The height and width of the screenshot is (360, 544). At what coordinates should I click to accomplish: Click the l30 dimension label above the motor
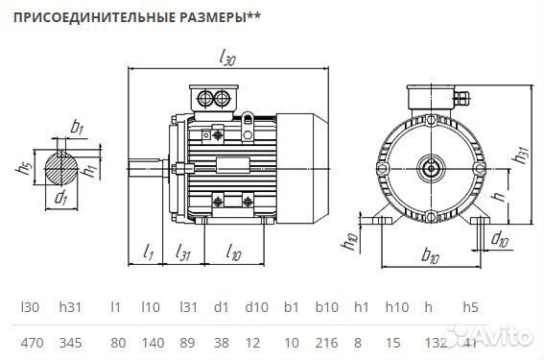pos(227,59)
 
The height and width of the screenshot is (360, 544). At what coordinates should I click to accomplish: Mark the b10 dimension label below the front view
pos(430,257)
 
